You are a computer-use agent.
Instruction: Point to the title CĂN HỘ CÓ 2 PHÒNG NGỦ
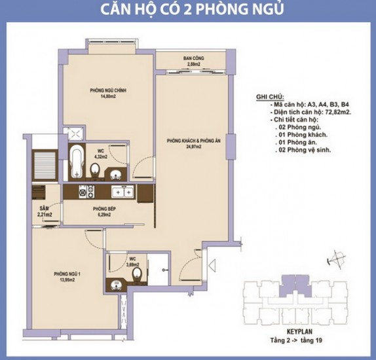tap(188, 11)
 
